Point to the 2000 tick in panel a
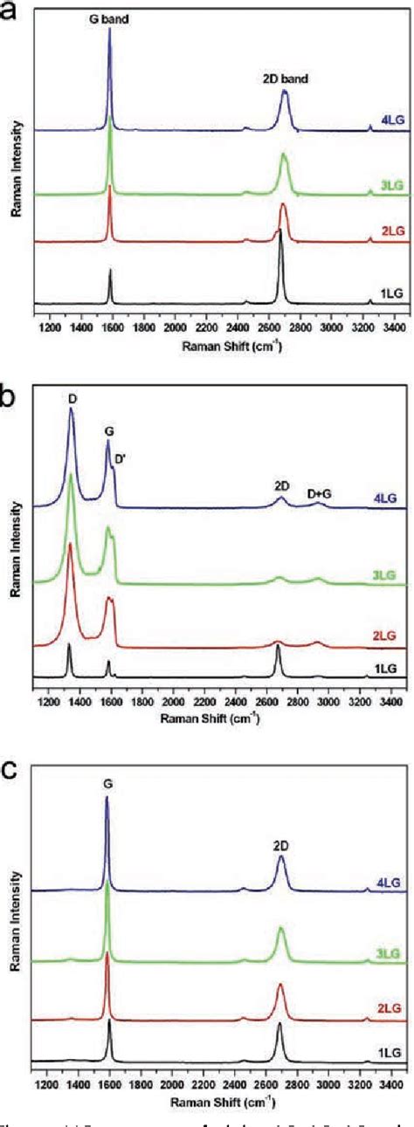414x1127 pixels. (175, 326)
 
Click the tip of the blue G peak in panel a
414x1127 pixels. (110, 29)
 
